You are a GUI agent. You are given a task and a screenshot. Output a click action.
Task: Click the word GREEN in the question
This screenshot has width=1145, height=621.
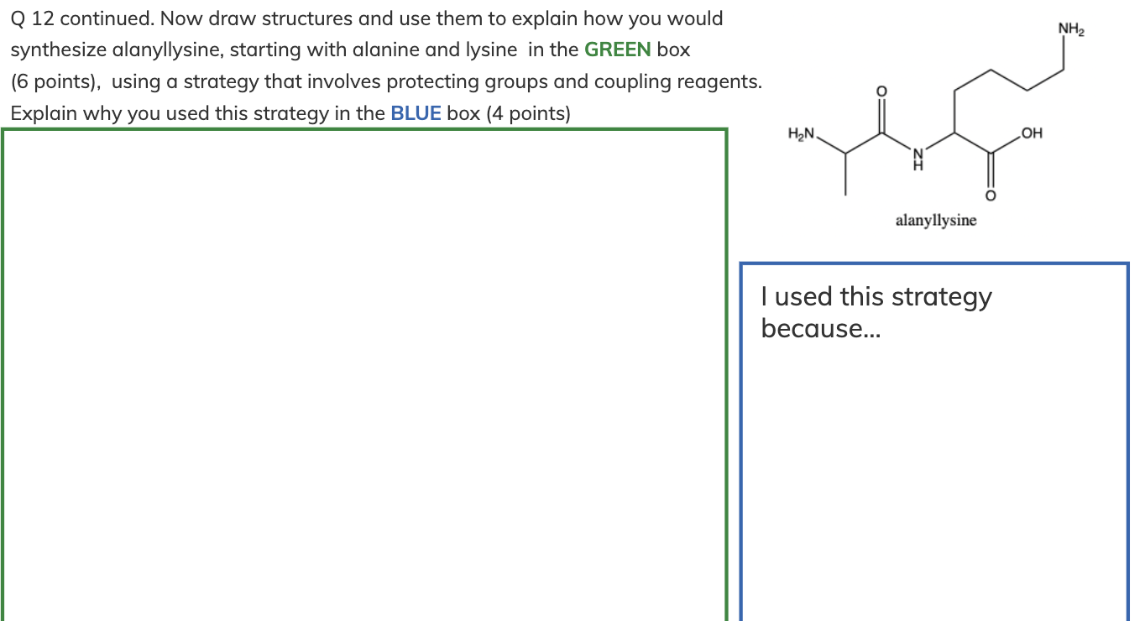point(617,50)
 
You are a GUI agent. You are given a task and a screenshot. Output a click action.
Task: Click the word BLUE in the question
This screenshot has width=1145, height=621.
point(416,114)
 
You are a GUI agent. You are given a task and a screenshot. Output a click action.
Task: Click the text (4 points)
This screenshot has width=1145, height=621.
point(528,114)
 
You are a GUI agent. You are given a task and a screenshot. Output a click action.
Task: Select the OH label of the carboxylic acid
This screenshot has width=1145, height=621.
point(1032,133)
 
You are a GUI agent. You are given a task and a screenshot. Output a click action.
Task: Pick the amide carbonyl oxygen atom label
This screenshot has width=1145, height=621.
point(881,91)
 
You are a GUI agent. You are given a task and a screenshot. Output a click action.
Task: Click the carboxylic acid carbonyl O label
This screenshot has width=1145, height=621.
point(990,196)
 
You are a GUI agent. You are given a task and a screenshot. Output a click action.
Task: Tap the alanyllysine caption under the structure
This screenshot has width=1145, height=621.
point(936,221)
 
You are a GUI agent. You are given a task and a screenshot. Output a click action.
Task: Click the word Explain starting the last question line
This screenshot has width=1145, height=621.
point(41,114)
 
